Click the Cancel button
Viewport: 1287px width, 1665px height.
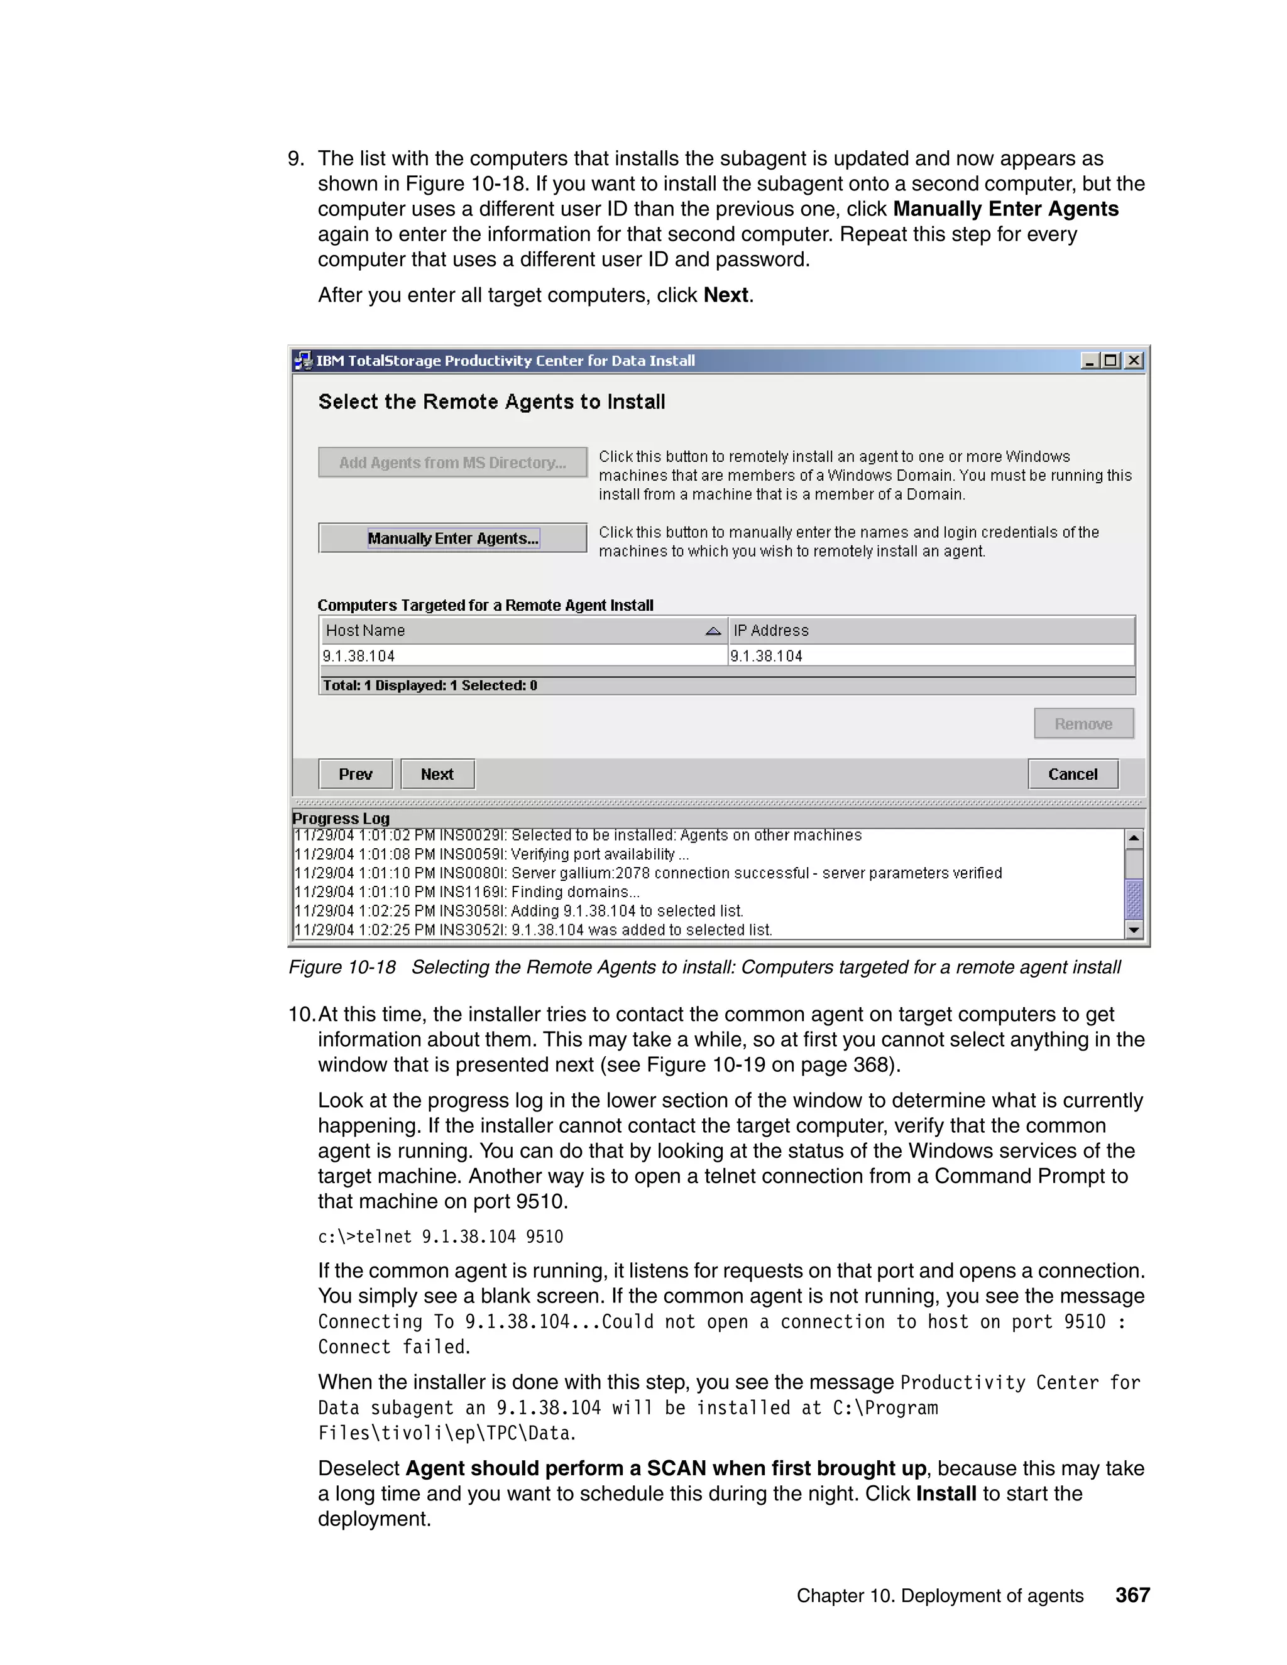pos(1072,774)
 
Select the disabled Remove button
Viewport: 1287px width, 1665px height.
pos(1083,723)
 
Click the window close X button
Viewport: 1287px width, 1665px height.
pos(1134,361)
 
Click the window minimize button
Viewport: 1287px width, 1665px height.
pos(1090,361)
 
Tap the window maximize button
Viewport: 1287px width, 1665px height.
pos(1112,361)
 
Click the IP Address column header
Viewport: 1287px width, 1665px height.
pos(930,630)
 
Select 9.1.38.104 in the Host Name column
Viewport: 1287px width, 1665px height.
pos(359,655)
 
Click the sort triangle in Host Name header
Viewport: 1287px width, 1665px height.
pos(713,630)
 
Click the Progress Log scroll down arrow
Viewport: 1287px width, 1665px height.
pos(1134,929)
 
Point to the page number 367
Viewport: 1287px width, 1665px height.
pos(1132,1595)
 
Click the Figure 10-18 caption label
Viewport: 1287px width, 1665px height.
pos(342,968)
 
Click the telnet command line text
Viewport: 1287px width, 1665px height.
pos(441,1236)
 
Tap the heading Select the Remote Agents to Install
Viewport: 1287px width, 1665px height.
pos(492,401)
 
